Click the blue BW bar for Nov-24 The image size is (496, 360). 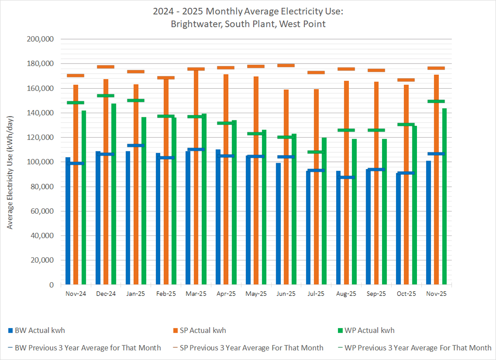pos(68,221)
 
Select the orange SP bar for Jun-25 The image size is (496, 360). pos(286,187)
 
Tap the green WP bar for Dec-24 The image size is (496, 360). pos(113,194)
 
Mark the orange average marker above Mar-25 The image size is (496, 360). pos(196,69)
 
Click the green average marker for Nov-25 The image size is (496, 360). pos(436,101)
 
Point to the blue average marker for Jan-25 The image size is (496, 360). pos(136,146)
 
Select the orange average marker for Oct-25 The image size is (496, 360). pos(406,80)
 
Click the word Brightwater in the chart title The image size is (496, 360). pos(196,24)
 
